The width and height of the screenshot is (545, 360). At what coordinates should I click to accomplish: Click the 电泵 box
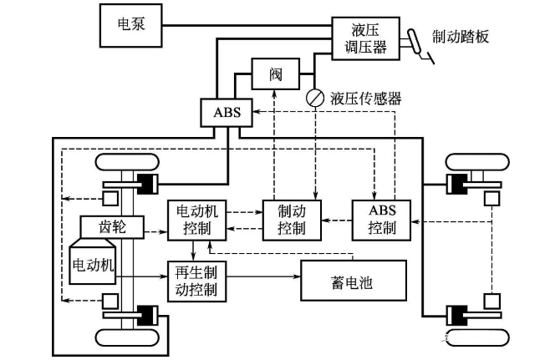pyautogui.click(x=130, y=24)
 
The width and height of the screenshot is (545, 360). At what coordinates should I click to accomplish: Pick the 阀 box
pyautogui.click(x=277, y=74)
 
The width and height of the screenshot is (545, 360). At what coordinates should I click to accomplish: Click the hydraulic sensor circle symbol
pyautogui.click(x=314, y=98)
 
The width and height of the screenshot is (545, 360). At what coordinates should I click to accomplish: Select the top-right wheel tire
pyautogui.click(x=474, y=163)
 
